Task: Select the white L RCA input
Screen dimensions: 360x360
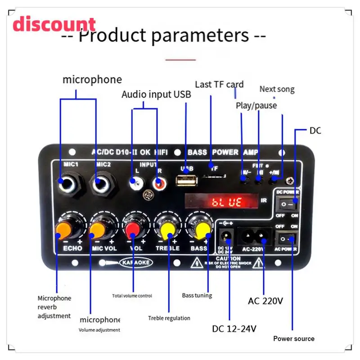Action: coord(134,183)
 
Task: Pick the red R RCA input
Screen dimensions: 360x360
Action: coord(157,183)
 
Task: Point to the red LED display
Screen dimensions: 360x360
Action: coord(221,201)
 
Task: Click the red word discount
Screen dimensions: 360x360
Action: coord(54,24)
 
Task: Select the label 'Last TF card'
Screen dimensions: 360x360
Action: coord(219,85)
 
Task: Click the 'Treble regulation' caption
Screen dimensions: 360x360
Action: coord(169,318)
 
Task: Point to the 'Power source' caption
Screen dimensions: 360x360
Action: coord(294,338)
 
